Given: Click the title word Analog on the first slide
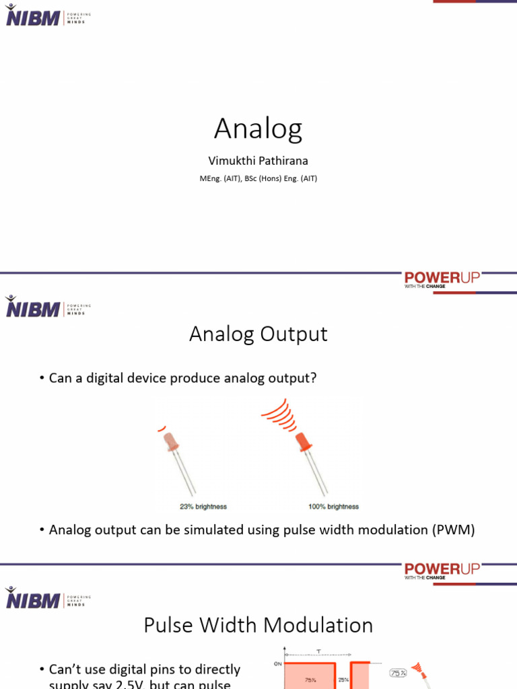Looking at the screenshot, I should (258, 129).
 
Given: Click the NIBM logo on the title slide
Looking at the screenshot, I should (32, 16).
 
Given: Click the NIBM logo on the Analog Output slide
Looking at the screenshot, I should (32, 307).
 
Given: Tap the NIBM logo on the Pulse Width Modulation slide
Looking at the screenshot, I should (32, 598).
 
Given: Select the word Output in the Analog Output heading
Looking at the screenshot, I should (297, 334).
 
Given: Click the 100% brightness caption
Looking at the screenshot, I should (333, 507).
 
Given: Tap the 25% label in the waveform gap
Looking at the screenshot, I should (343, 680).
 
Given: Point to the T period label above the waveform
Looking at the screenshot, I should (319, 651).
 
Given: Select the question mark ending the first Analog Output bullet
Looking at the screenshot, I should (313, 378).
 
